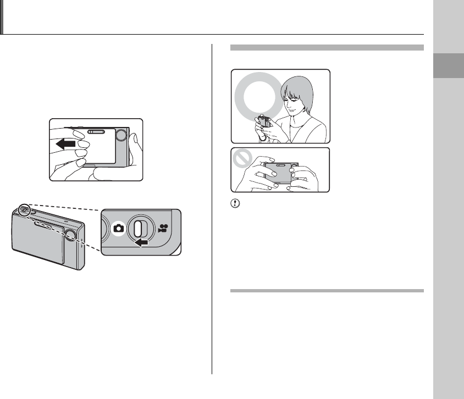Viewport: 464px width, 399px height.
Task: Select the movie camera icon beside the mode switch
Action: pyautogui.click(x=163, y=228)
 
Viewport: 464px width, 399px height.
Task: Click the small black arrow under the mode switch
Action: pyautogui.click(x=141, y=241)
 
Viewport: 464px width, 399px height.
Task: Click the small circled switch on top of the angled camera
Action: pyautogui.click(x=24, y=211)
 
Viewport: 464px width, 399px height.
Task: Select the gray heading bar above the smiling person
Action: pyautogui.click(x=327, y=48)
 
